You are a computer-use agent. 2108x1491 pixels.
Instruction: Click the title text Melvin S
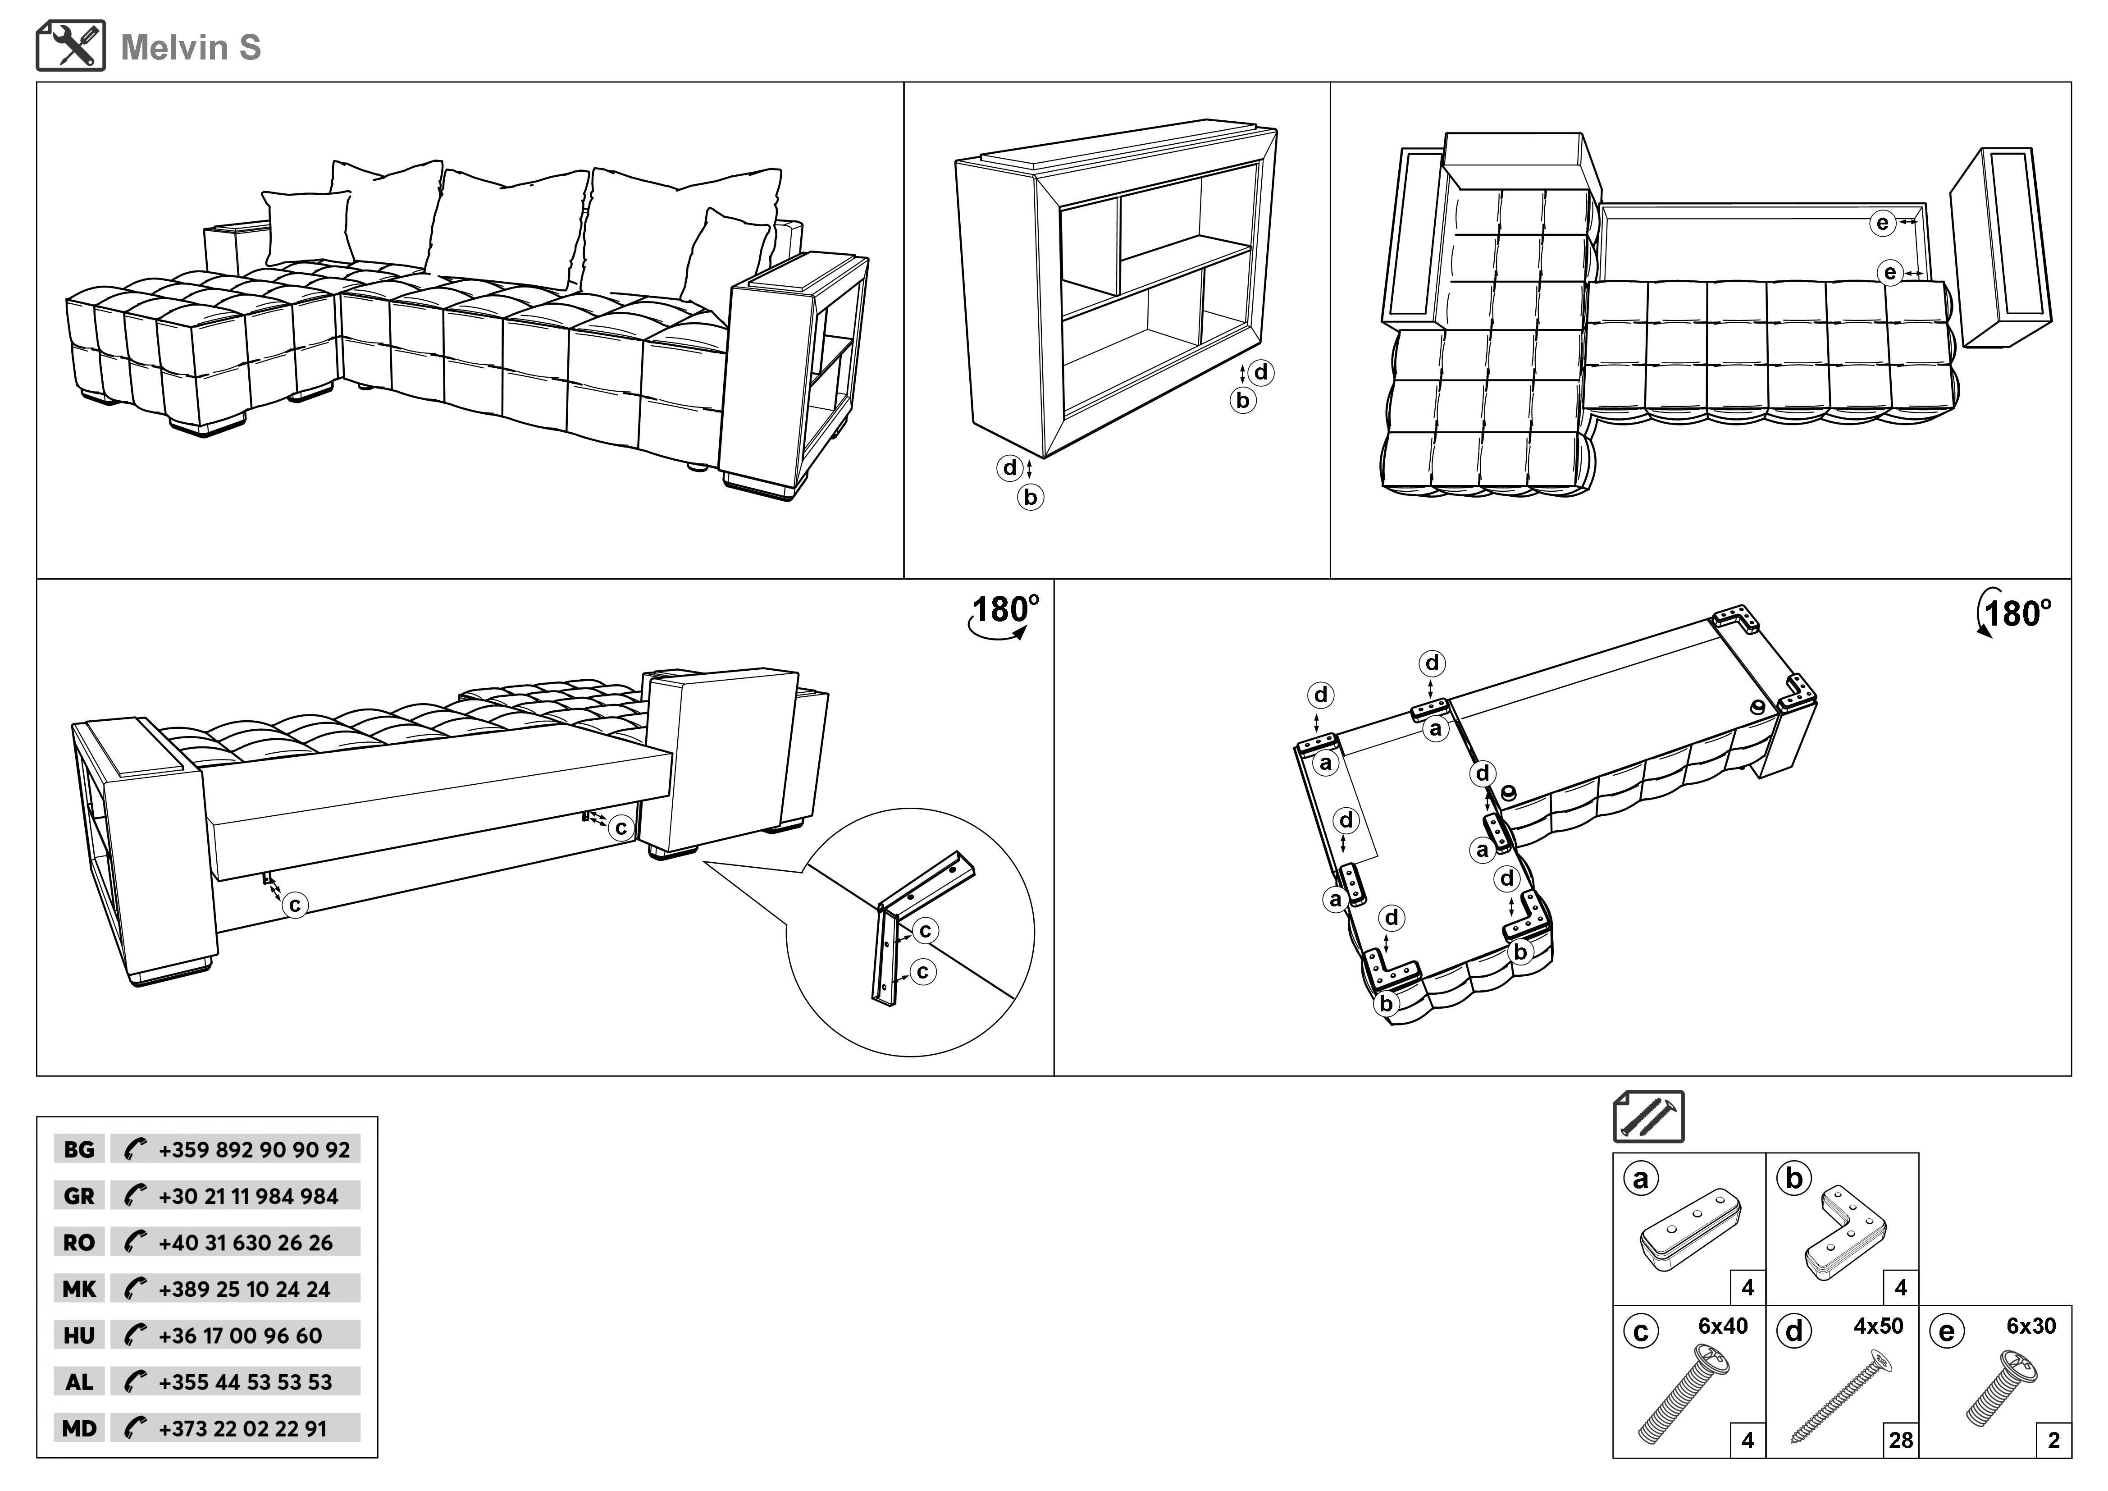191,48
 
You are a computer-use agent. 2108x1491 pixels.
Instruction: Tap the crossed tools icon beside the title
71,46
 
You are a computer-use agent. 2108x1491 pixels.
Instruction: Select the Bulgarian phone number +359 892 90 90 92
253,1149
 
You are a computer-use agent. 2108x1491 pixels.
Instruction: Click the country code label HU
79,1336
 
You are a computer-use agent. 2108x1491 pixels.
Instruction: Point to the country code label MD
79,1428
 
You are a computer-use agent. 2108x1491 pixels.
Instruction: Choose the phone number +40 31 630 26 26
245,1243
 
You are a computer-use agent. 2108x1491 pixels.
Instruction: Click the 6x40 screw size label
1722,1326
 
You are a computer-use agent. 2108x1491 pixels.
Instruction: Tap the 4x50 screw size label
1878,1326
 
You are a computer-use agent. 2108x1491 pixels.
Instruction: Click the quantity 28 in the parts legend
1901,1441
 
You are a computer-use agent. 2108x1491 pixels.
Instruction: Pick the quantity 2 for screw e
2054,1441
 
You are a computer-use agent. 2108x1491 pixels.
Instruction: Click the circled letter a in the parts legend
1641,1178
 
